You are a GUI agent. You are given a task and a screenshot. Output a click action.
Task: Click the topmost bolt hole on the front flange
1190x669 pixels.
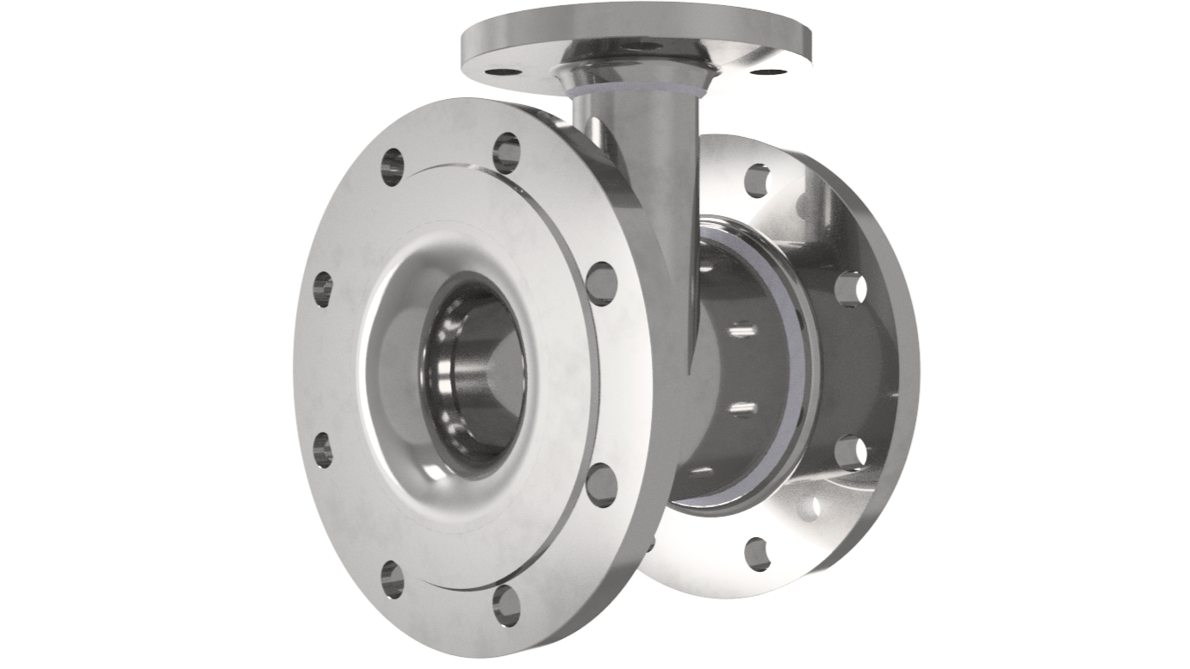coord(506,152)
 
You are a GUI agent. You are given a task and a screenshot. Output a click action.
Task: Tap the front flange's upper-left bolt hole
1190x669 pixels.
coord(393,167)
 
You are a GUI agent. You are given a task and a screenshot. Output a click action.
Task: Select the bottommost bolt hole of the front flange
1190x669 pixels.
coord(506,605)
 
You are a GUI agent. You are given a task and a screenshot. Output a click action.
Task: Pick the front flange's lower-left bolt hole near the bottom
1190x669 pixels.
coord(393,579)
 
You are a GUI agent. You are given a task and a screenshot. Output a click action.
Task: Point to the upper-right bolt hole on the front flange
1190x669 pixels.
coord(602,283)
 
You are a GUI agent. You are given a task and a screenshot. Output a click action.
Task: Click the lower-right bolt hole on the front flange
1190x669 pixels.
coord(602,484)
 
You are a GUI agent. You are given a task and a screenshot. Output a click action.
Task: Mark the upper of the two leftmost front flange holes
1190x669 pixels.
coord(323,289)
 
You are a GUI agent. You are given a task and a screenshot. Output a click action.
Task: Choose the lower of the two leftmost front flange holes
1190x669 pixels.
coord(323,449)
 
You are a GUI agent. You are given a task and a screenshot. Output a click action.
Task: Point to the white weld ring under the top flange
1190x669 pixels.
coord(637,86)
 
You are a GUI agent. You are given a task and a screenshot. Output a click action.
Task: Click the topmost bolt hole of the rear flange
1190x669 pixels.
coord(757,180)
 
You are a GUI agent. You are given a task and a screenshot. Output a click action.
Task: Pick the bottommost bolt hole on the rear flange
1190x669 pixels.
coord(757,553)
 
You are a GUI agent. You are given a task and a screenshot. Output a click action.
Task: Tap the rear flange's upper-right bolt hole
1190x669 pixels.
coord(850,288)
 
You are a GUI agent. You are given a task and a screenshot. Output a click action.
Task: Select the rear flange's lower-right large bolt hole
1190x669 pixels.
coord(850,451)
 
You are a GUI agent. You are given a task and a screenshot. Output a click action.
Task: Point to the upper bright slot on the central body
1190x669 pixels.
coord(741,329)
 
